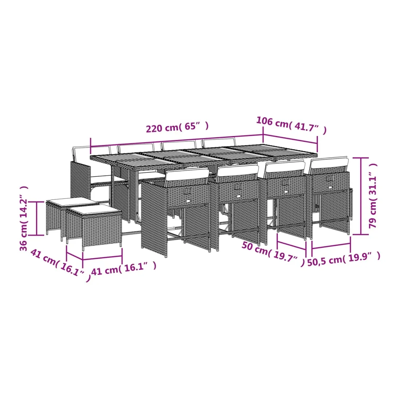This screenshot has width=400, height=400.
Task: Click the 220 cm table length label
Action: [x=177, y=127]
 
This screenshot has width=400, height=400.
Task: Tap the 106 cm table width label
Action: [x=291, y=125]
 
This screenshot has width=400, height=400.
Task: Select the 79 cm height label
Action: [x=373, y=196]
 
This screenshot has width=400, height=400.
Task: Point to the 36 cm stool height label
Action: [x=24, y=218]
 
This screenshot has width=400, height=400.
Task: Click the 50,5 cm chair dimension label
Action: [x=344, y=259]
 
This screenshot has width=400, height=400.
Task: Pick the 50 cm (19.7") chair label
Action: [x=273, y=254]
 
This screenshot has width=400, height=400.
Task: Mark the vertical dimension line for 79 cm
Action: [x=361, y=196]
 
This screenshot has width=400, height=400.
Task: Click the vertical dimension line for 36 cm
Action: [x=37, y=218]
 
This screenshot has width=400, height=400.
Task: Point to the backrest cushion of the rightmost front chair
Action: [x=329, y=164]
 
